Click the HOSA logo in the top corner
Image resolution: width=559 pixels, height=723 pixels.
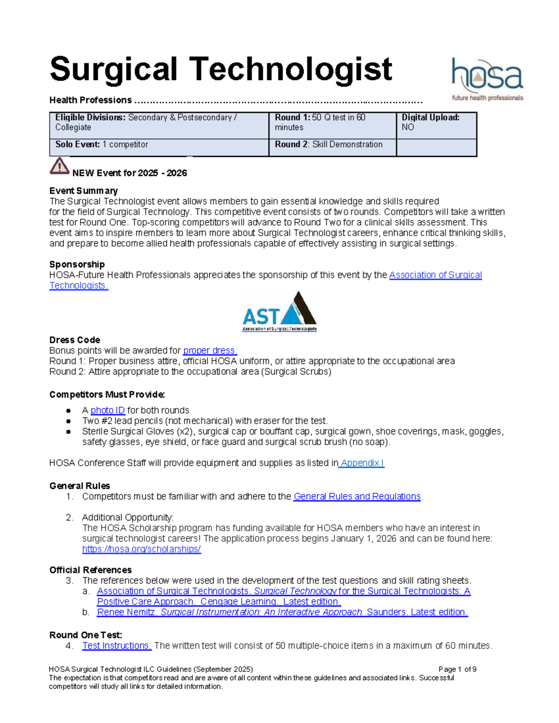[487, 79]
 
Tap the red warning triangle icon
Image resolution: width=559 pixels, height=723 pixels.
[59, 166]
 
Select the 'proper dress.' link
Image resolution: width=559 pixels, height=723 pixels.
[210, 351]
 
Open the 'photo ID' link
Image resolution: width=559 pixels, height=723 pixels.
[108, 410]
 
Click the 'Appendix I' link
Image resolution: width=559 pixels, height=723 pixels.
[362, 463]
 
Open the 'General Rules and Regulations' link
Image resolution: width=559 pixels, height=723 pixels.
[357, 496]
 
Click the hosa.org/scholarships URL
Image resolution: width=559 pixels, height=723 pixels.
[141, 549]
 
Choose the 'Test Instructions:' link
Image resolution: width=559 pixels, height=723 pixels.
[116, 645]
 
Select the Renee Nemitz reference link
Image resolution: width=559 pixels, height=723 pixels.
[282, 612]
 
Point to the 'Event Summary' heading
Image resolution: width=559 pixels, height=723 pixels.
[83, 190]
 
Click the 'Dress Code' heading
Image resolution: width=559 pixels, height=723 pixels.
[75, 340]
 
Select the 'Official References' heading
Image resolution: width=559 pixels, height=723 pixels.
[90, 570]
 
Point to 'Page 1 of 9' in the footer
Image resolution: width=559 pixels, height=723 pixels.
[457, 669]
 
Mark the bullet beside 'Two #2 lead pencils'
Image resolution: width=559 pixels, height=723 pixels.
[68, 421]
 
